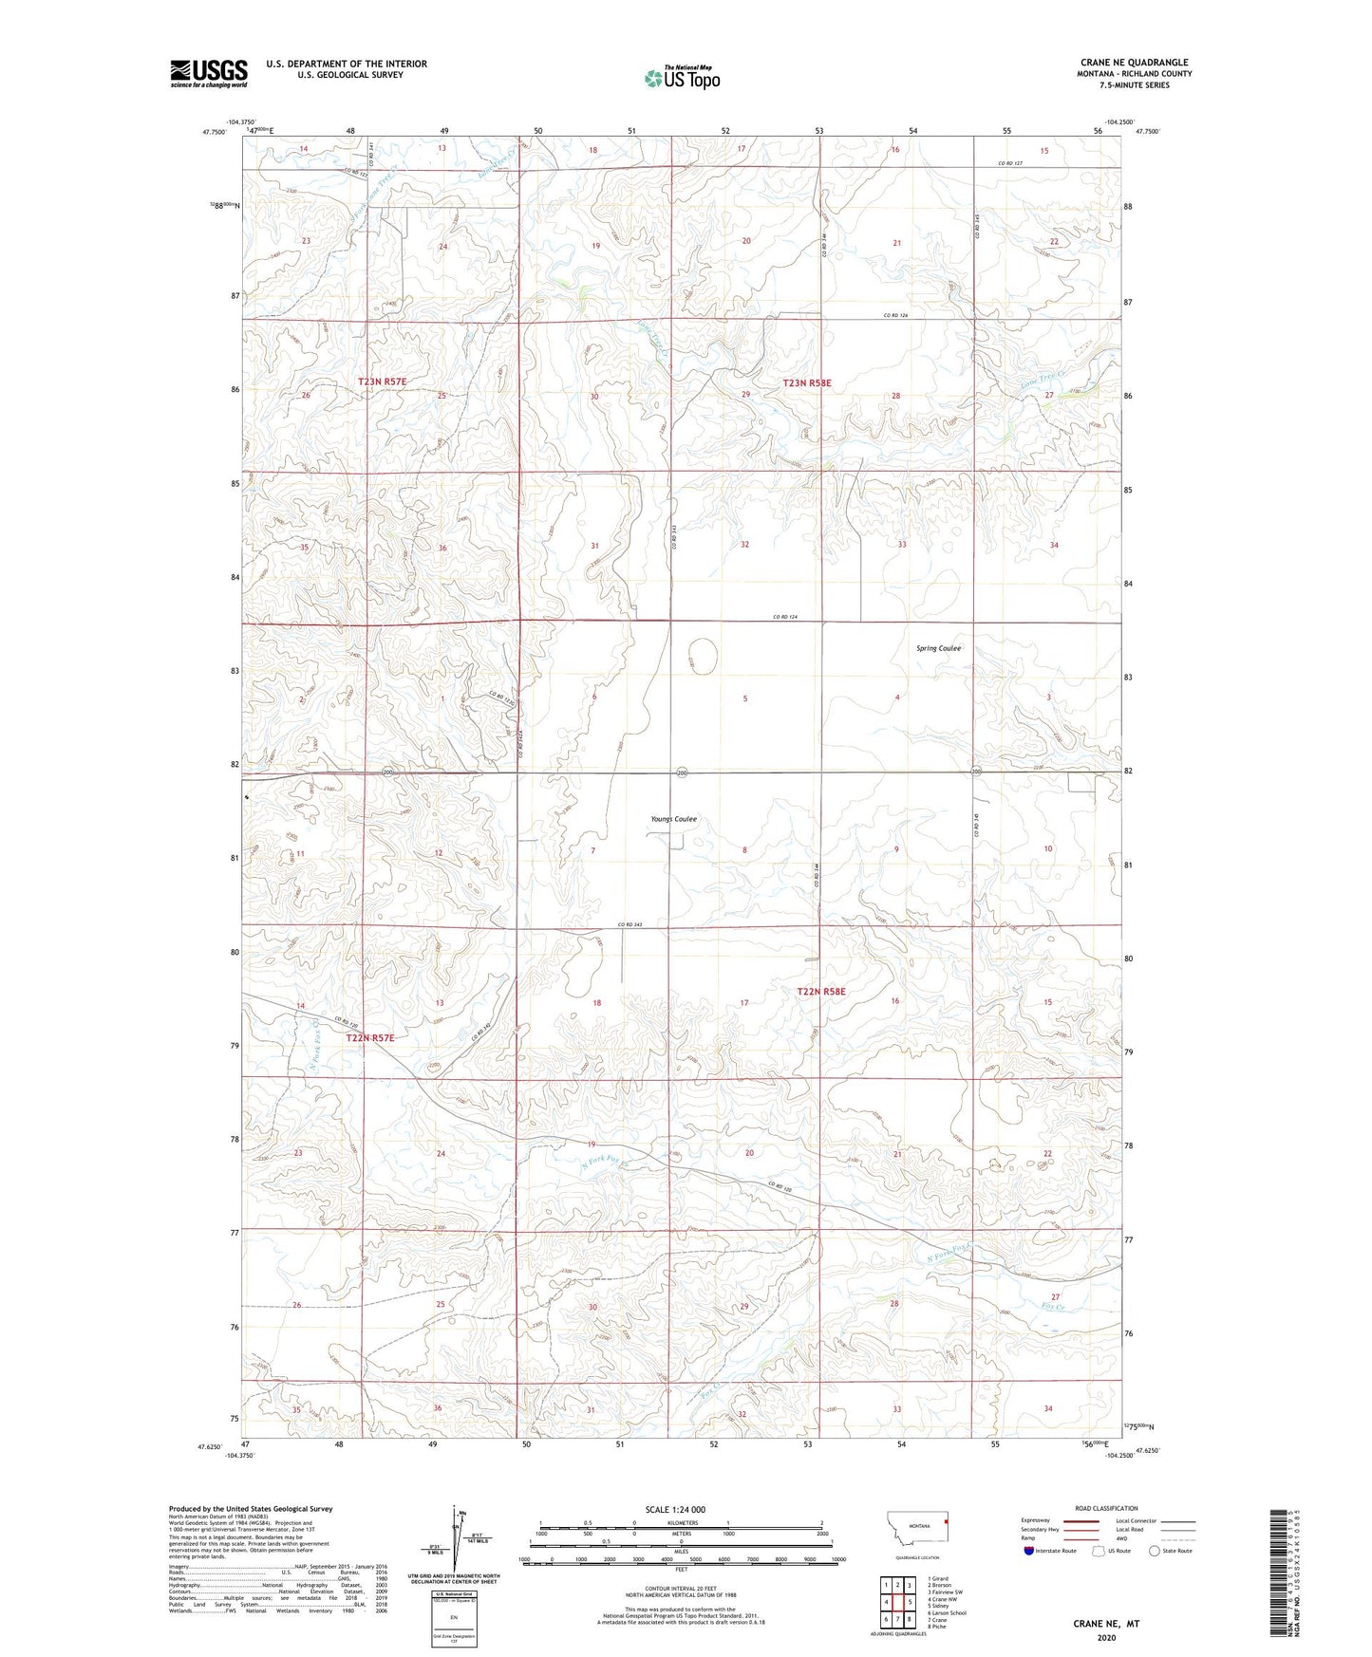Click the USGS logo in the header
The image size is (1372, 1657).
pyautogui.click(x=209, y=73)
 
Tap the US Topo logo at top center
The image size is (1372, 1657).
pyautogui.click(x=682, y=78)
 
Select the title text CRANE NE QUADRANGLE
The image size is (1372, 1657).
pyautogui.click(x=1134, y=63)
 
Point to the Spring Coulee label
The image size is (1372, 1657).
pyautogui.click(x=938, y=648)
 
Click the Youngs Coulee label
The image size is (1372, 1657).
pyautogui.click(x=674, y=819)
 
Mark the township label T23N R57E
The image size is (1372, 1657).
pyautogui.click(x=382, y=382)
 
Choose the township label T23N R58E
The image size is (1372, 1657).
pyautogui.click(x=807, y=383)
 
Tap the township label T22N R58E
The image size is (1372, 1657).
pyautogui.click(x=821, y=992)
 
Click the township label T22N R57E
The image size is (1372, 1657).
pyautogui.click(x=369, y=1038)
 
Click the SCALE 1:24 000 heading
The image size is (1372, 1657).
pyautogui.click(x=675, y=1510)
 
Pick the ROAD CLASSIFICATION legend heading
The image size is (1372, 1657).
pyautogui.click(x=1106, y=1508)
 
